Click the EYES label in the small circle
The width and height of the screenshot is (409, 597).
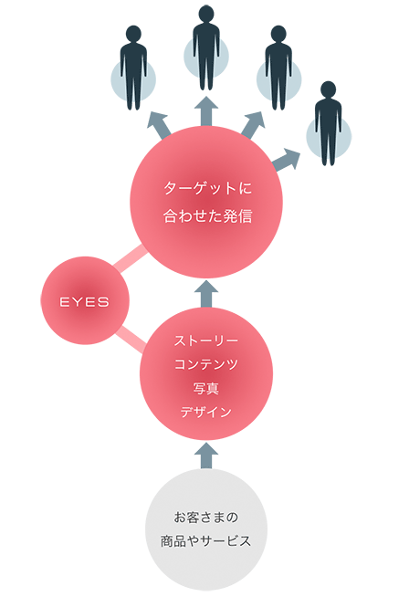(x=84, y=302)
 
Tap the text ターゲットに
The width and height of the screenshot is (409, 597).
(x=207, y=188)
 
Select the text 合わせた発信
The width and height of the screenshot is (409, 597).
(x=207, y=215)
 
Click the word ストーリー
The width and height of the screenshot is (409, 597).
(x=206, y=340)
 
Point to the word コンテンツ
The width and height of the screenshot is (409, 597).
(x=206, y=364)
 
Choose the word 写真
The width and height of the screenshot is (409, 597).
(x=206, y=388)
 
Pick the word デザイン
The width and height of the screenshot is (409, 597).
(x=206, y=412)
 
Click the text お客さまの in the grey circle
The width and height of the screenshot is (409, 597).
(x=206, y=517)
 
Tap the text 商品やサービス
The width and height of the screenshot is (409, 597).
(x=206, y=541)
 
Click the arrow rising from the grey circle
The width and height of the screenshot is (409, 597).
(x=206, y=456)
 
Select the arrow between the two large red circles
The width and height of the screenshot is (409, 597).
(x=206, y=294)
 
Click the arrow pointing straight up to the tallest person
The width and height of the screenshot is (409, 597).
(x=206, y=110)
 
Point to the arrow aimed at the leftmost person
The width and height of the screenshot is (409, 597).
(x=159, y=124)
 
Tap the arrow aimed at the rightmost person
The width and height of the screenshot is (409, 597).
(x=287, y=160)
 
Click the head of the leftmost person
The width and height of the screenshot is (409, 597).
(x=133, y=34)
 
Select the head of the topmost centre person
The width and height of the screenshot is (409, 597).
(x=206, y=14)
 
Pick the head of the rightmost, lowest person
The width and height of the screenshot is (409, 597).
(x=329, y=89)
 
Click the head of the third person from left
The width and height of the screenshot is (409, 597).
(x=278, y=34)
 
